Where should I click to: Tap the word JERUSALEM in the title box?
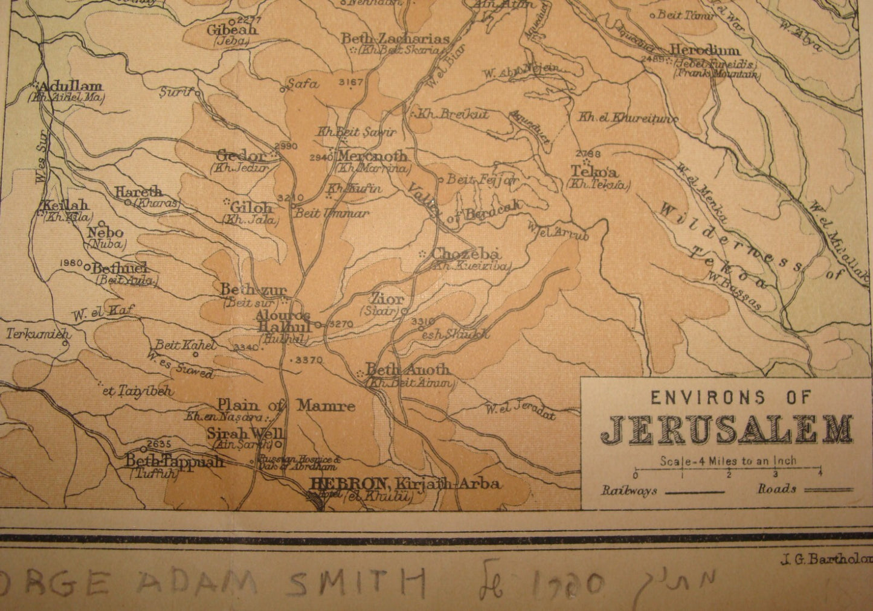(726, 429)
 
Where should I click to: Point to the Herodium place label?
(705, 51)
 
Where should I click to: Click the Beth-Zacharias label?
(396, 39)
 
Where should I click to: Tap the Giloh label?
(251, 207)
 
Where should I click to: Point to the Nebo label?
(105, 232)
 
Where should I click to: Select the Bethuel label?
(120, 269)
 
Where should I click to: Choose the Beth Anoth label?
(408, 369)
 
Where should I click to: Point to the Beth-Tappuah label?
(175, 462)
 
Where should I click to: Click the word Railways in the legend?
(628, 490)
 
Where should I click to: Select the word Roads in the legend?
(778, 489)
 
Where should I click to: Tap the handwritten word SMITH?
(356, 583)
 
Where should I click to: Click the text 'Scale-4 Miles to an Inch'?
(728, 461)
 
